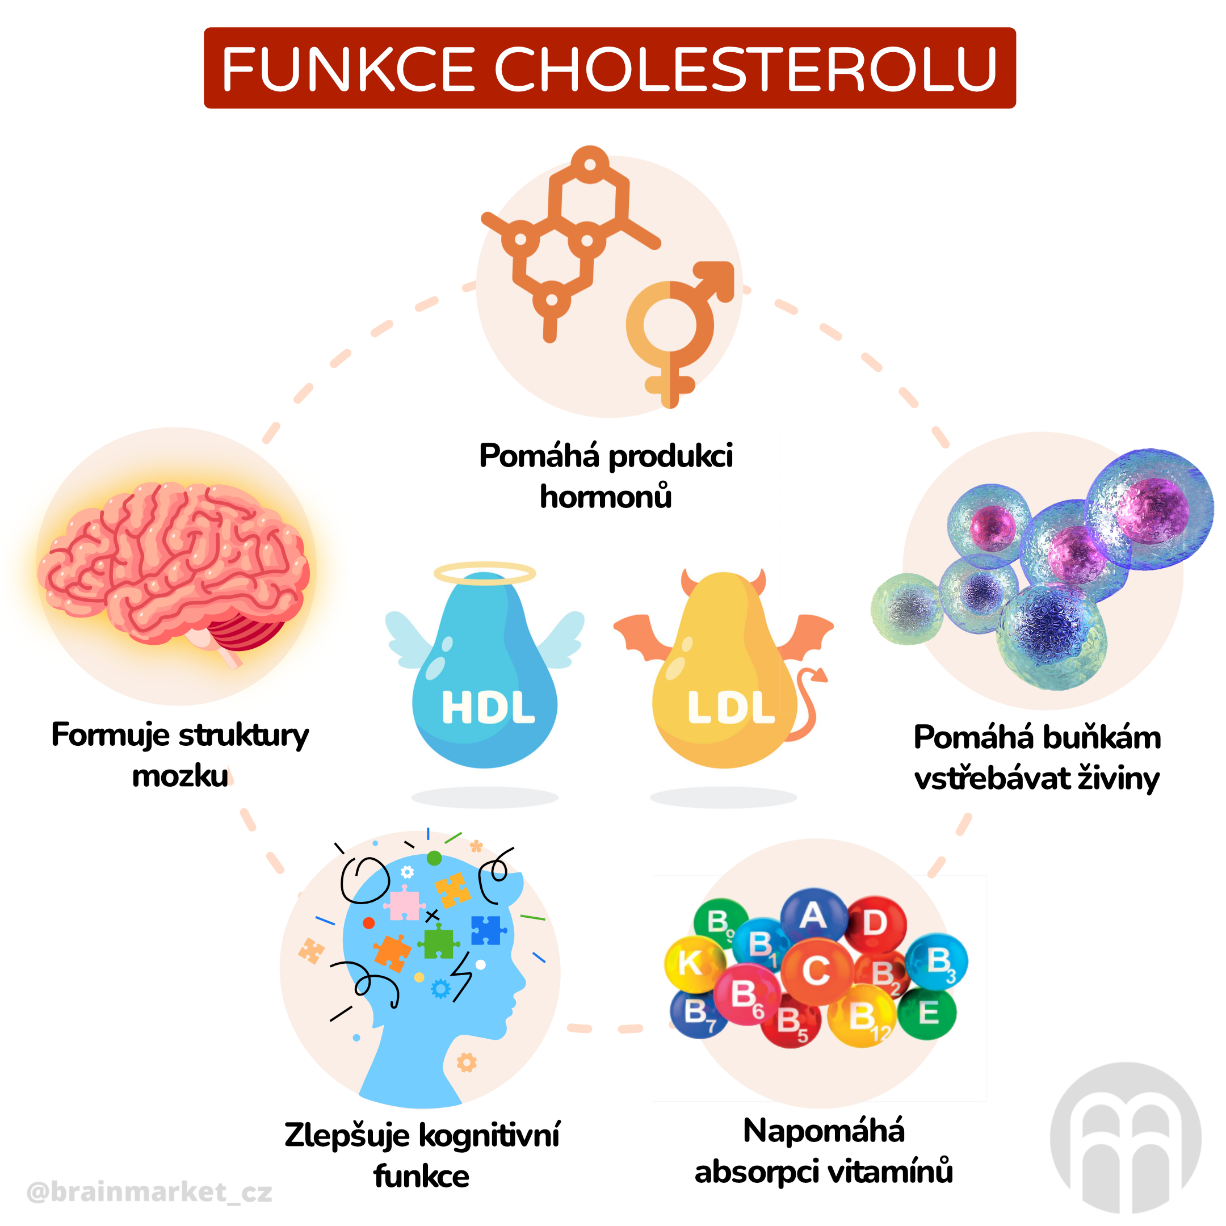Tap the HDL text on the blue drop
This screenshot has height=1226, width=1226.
click(488, 708)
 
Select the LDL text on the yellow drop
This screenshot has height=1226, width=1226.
click(731, 708)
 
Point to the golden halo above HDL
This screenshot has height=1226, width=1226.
click(485, 573)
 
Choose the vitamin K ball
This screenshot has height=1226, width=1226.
click(693, 963)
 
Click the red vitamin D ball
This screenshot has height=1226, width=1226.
click(875, 923)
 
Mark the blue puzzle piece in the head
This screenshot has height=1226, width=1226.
click(487, 930)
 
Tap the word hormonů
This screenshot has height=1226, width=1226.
click(606, 497)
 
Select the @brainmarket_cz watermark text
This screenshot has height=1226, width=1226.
click(150, 1192)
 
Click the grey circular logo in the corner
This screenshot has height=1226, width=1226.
click(1125, 1138)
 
